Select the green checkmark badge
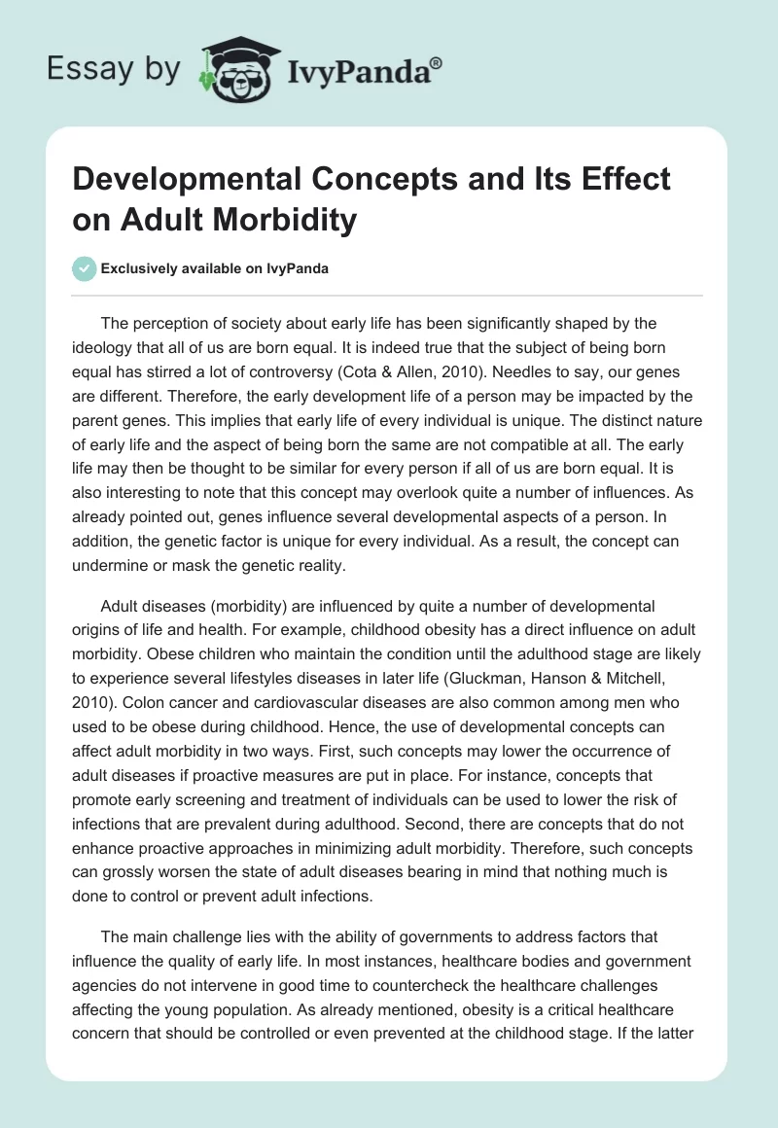point(86,268)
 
